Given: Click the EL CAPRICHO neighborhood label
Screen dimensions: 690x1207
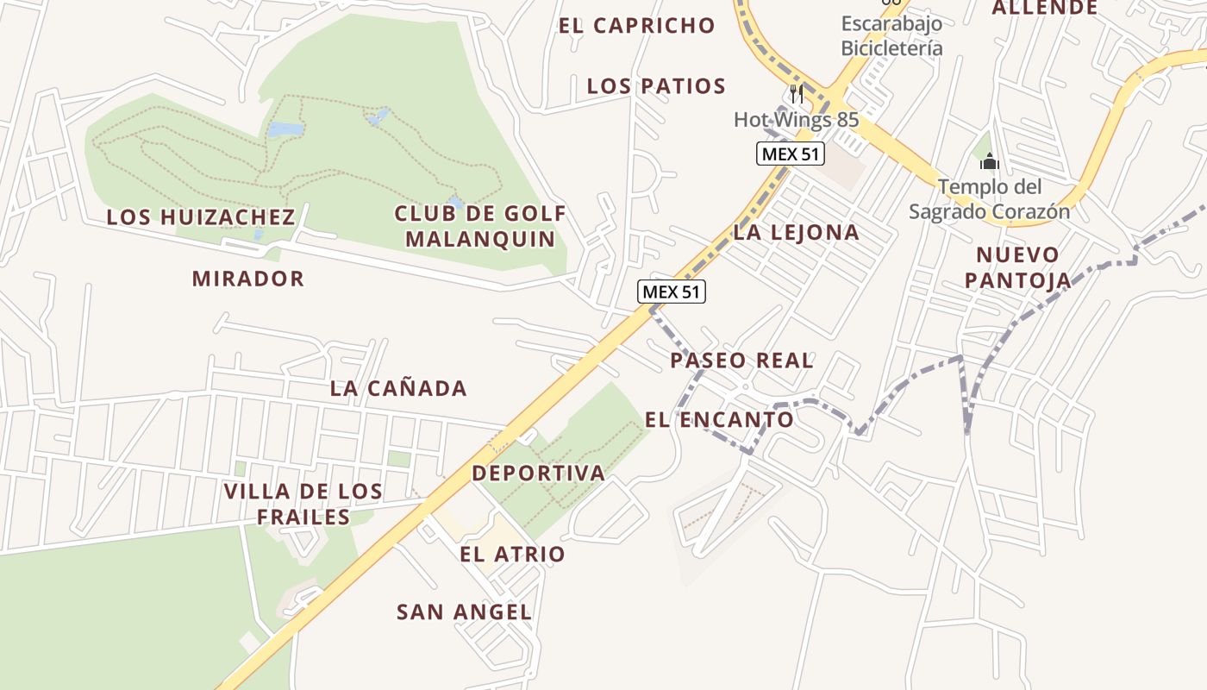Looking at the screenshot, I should coord(636,26).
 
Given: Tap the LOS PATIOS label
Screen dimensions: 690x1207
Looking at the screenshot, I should coord(656,86).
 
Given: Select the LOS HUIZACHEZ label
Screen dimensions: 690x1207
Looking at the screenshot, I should coord(201,217).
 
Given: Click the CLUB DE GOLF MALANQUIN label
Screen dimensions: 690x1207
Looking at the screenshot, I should coord(480,226).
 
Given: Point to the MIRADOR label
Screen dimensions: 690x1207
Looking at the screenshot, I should coord(248,279).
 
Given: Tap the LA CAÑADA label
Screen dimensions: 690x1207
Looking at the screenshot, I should coord(398,389).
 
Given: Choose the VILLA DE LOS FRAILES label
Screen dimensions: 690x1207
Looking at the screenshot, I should coord(303,504).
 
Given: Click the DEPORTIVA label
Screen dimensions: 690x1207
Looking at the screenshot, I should coord(538,473).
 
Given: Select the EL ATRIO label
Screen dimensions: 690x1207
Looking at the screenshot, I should coord(512,555).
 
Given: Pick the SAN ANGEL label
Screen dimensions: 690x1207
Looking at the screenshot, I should coord(464,612).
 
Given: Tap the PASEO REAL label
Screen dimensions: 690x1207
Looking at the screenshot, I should coord(741,361).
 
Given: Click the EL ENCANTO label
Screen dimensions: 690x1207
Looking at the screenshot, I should coord(719,420).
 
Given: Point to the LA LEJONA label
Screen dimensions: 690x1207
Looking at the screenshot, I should coord(796,232).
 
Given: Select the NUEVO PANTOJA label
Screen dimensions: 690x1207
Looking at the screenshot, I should coord(1017,267).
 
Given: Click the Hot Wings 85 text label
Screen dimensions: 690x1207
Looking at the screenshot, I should coord(796,120).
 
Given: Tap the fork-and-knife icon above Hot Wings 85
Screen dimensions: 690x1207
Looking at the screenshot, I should coord(797,93).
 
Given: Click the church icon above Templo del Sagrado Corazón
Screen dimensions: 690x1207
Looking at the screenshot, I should coord(989,161).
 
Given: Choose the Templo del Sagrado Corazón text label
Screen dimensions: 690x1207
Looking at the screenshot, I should coord(989,198).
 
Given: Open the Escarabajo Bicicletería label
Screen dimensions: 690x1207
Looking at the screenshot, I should coord(891,35).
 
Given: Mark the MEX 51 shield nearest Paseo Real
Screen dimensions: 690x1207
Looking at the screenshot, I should coord(672,292).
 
